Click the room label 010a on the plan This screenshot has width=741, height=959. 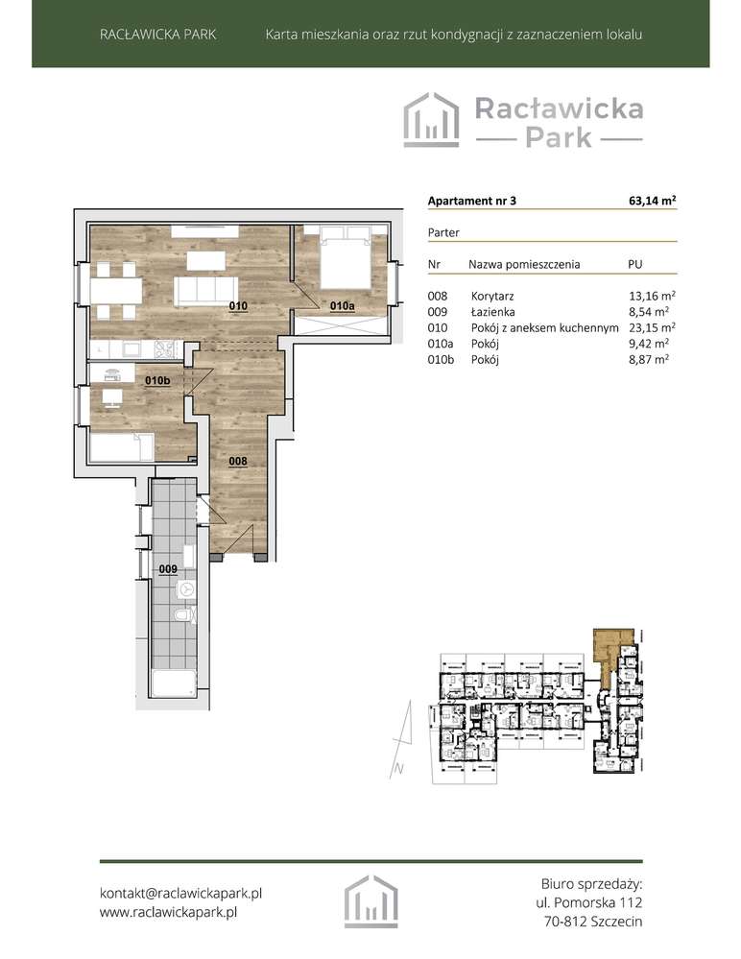point(342,306)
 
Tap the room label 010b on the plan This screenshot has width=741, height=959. point(156,381)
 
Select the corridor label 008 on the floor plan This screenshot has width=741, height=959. point(239,461)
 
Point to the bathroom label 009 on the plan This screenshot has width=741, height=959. point(167,569)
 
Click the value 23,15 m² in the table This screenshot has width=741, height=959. point(650,327)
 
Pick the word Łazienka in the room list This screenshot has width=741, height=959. point(492,312)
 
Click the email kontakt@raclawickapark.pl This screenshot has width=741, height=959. point(181,893)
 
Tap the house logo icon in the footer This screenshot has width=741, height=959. point(370,902)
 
